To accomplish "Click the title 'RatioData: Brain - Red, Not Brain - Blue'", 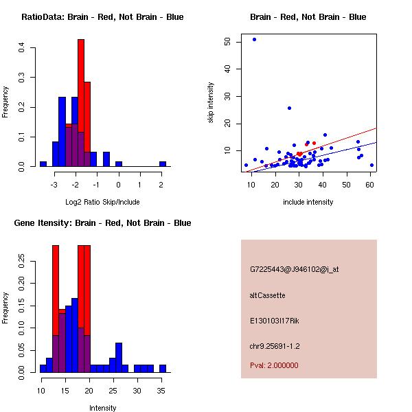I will pyautogui.click(x=102, y=17).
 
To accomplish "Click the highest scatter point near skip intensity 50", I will pyautogui.click(x=254, y=39).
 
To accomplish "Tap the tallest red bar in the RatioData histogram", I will pyautogui.click(x=81, y=103).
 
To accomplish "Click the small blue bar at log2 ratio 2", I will pyautogui.click(x=163, y=164).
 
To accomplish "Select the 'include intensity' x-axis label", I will pyautogui.click(x=308, y=202).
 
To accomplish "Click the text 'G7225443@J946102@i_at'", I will pyautogui.click(x=295, y=269).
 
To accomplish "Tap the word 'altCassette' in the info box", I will pyautogui.click(x=267, y=295).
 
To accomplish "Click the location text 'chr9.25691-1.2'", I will pyautogui.click(x=275, y=346).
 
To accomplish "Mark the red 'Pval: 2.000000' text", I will pyautogui.click(x=274, y=365).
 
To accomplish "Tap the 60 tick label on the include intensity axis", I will pyautogui.click(x=371, y=185).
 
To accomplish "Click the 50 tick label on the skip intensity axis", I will pyautogui.click(x=228, y=42).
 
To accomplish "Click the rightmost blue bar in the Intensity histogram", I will pyautogui.click(x=163, y=368).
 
